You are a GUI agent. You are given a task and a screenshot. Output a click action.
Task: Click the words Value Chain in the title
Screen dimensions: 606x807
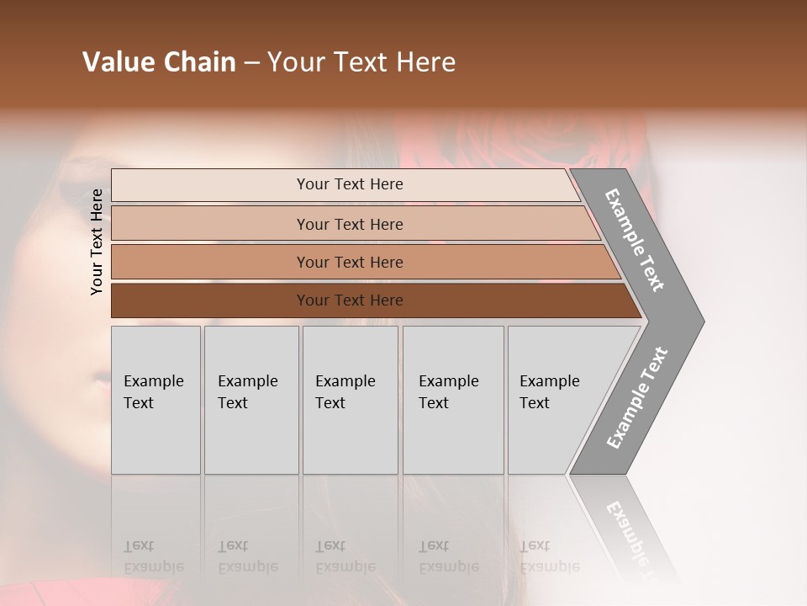(x=159, y=62)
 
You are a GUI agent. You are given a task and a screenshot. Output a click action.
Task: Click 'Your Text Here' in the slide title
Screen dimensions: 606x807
(x=361, y=62)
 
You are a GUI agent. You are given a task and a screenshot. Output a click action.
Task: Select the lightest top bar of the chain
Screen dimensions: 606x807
(x=210, y=185)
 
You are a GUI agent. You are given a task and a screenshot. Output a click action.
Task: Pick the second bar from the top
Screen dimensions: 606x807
(x=210, y=224)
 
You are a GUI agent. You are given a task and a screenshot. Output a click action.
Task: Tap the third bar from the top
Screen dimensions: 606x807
(x=210, y=262)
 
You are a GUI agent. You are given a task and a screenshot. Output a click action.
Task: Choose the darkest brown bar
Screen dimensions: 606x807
(x=210, y=300)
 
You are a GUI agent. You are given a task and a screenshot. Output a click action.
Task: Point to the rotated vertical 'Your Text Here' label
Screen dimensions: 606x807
(x=97, y=242)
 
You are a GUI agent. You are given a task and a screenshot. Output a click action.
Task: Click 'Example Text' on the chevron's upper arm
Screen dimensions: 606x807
(x=635, y=240)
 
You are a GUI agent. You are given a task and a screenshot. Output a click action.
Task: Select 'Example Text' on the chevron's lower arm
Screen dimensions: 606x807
(x=637, y=398)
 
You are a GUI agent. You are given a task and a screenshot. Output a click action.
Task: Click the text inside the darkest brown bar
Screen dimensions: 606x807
(x=350, y=300)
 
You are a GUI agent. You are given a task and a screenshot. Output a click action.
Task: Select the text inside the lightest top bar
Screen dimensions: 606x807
(x=350, y=184)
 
